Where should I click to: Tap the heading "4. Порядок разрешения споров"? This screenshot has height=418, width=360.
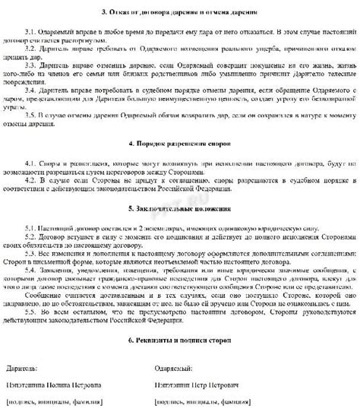point(180,144)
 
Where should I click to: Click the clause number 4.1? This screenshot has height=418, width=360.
point(32,163)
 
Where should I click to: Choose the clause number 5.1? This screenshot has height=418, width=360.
point(32,226)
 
